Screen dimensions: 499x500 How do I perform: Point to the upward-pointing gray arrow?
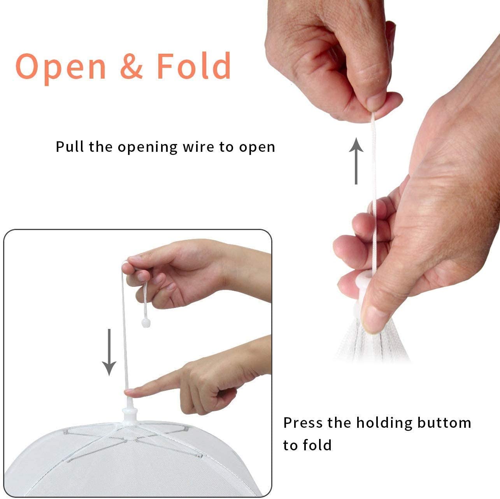click(x=356, y=160)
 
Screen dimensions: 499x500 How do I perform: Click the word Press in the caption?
click(x=303, y=423)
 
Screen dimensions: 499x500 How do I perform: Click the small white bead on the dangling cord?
click(x=145, y=323)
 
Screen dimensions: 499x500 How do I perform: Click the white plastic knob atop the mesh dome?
click(x=128, y=413)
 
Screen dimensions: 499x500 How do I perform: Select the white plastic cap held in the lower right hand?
click(x=361, y=288)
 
